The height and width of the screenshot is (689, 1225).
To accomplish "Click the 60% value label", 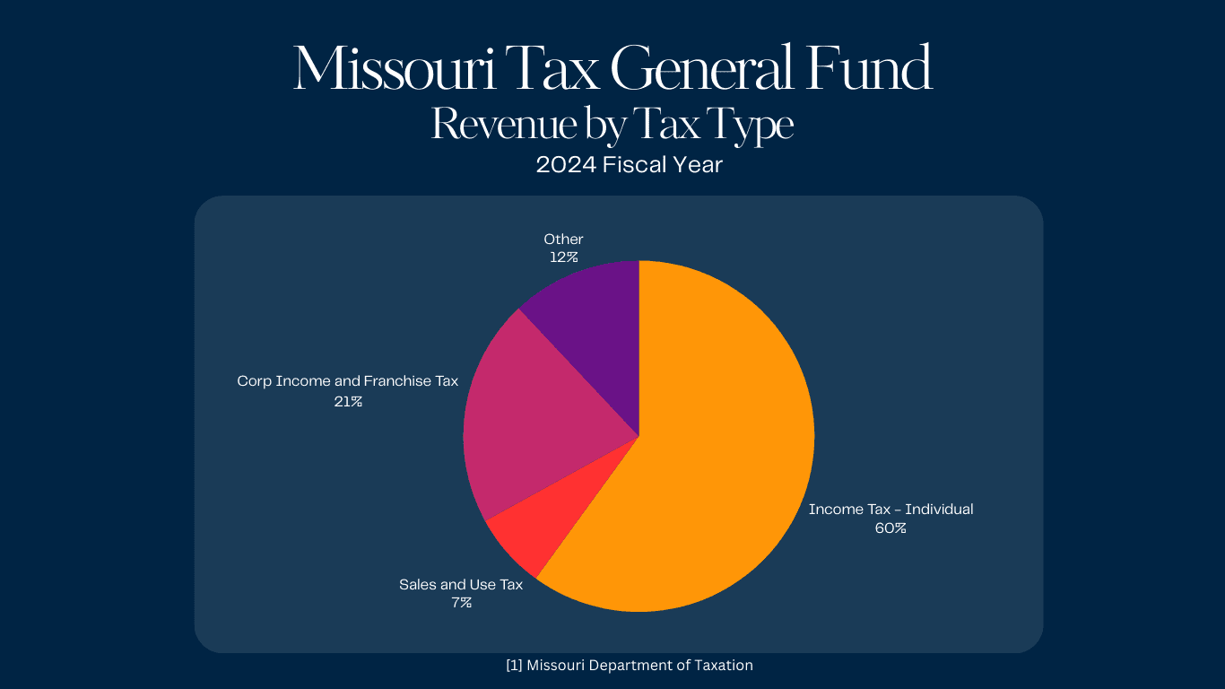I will click(891, 528).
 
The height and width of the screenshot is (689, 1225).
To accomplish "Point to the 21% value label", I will click(348, 401).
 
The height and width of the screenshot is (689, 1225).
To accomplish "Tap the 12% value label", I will click(564, 257).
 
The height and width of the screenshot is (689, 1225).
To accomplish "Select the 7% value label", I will click(461, 603).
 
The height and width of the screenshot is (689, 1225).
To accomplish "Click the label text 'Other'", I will click(563, 239).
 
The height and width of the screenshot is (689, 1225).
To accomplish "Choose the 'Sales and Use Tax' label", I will click(461, 585).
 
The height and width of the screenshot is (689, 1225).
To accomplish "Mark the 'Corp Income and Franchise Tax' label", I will click(348, 381).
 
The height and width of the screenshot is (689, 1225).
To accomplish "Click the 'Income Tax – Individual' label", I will click(891, 510).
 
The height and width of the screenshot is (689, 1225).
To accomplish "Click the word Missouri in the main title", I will click(395, 70).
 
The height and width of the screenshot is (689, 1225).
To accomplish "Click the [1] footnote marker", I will click(514, 666).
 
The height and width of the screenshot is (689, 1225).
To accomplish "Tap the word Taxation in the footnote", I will click(722, 666).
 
